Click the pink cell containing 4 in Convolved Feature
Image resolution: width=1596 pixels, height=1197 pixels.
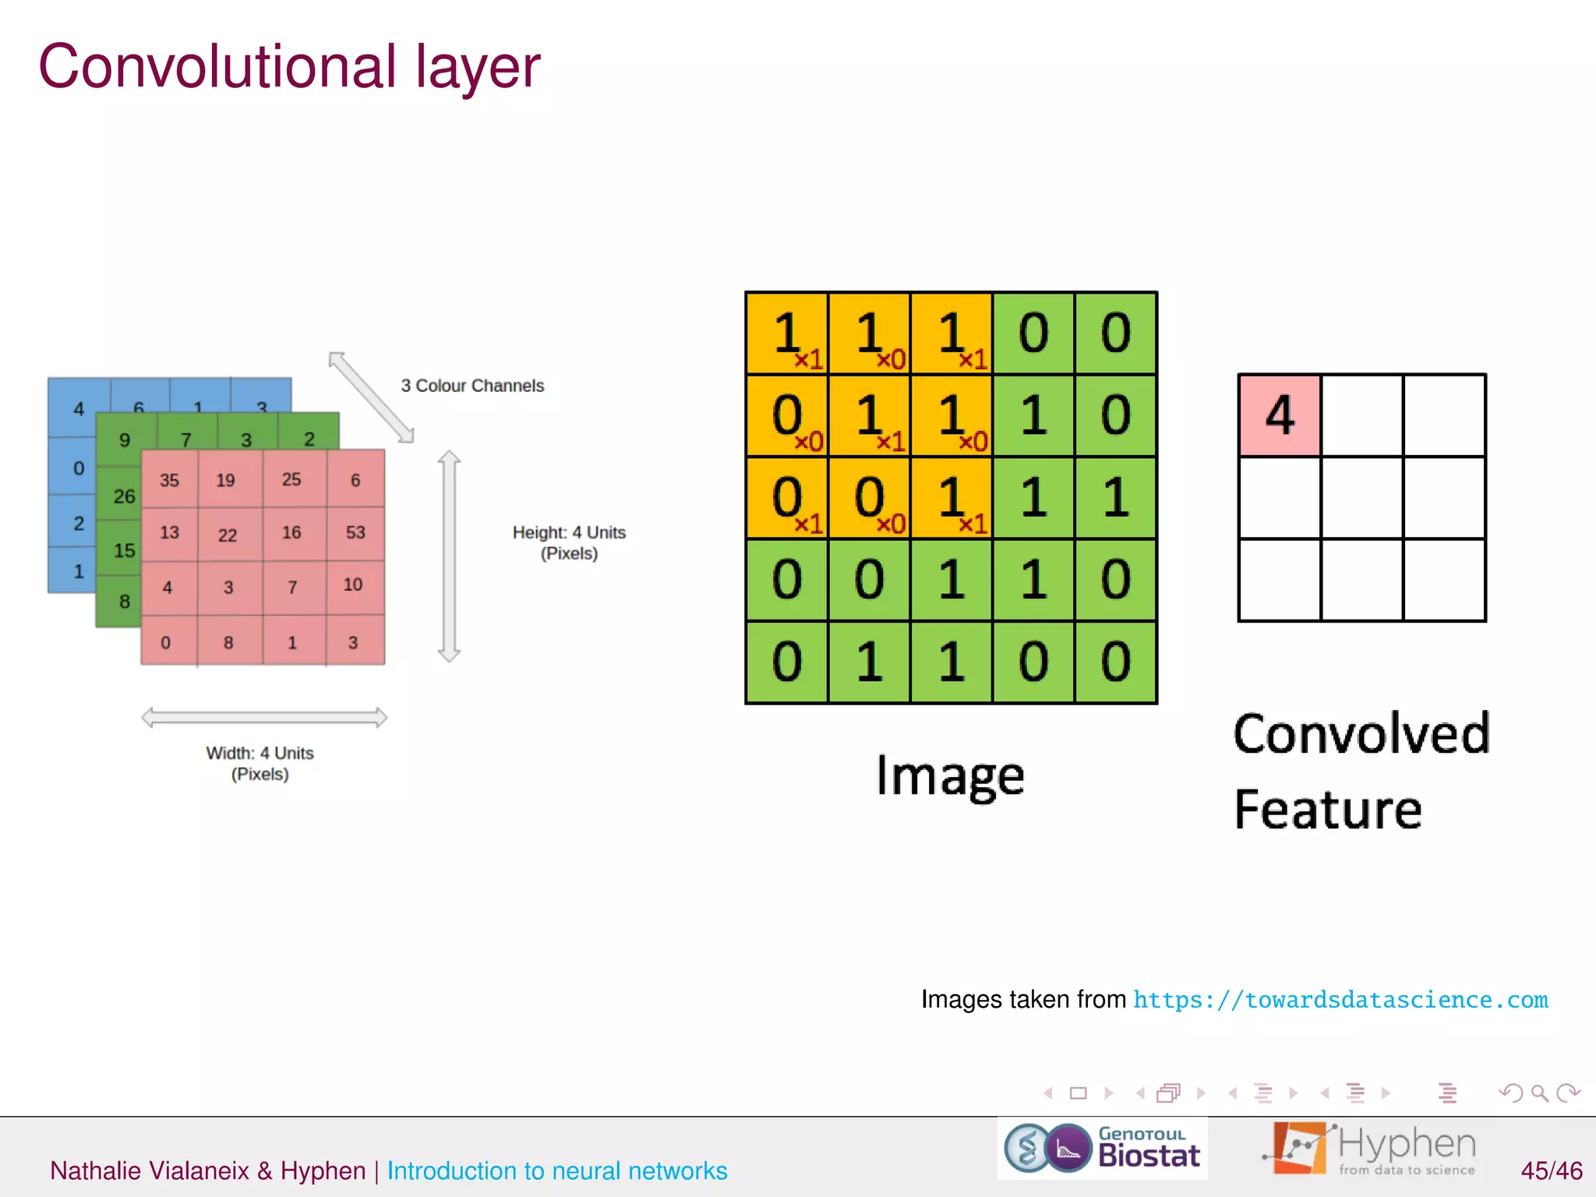pos(1280,415)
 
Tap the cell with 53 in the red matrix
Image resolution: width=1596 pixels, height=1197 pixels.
pos(355,532)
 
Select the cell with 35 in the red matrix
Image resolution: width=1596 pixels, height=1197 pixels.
pos(169,480)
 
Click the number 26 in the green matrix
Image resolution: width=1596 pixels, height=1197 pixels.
pos(124,496)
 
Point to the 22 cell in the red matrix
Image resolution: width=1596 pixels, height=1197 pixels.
pos(228,535)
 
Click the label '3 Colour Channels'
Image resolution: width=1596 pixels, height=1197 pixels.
pos(472,386)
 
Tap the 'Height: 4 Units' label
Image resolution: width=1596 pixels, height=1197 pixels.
pos(569,533)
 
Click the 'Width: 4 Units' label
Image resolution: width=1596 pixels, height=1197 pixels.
pos(260,754)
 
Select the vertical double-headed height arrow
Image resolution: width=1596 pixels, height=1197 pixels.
pos(449,556)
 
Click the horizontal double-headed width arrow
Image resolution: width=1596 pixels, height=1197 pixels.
pos(264,717)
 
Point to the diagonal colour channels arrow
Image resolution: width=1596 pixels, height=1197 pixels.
pos(371,397)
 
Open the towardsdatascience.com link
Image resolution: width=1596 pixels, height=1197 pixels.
pos(1340,1000)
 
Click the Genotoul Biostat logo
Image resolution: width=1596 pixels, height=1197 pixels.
pos(1102,1148)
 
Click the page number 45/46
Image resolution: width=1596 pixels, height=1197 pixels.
pos(1551,1171)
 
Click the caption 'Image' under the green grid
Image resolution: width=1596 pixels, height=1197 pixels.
pos(950,776)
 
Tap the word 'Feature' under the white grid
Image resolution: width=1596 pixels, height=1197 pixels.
pos(1328,810)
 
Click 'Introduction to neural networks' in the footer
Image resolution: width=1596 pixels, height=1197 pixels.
pos(557,1171)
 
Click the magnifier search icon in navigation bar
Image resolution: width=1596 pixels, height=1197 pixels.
pos(1539,1093)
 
